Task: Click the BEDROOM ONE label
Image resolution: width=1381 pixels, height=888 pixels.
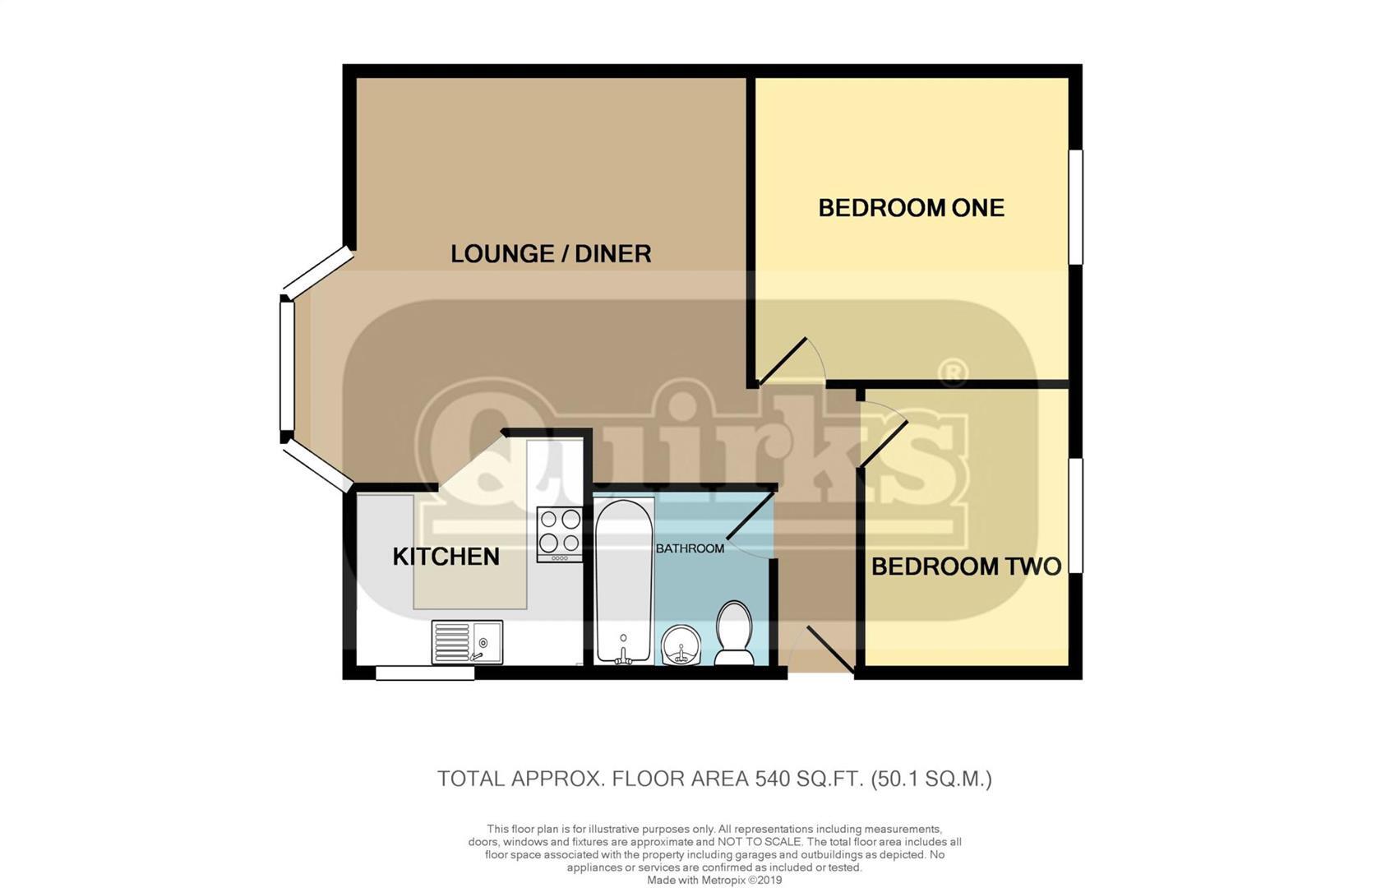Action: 911,207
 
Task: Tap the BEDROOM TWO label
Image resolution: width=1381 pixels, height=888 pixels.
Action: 966,567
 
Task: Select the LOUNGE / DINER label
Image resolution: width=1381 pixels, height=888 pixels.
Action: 551,253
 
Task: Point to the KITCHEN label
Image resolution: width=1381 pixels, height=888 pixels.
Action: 446,557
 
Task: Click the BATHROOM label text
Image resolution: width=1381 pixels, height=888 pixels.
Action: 690,548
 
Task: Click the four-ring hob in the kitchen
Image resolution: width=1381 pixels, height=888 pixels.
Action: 559,533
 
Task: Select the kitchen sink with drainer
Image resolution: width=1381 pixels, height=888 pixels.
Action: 467,641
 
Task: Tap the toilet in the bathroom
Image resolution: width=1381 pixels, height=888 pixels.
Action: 733,633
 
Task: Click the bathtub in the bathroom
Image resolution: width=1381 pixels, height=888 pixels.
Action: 623,580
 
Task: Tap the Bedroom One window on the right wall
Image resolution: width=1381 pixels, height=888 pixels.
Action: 1074,207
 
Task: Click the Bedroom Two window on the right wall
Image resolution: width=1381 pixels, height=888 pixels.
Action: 1074,516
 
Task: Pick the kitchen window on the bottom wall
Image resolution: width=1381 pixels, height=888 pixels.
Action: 425,673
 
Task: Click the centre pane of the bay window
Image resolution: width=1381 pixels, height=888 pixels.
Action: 287,366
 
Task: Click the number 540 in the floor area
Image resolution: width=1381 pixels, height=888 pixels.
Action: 770,779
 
